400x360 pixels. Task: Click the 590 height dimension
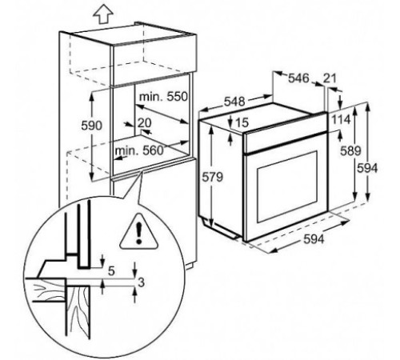point(91,126)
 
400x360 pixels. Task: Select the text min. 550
point(163,97)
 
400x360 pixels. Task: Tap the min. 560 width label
point(138,150)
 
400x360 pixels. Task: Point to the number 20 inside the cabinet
point(144,123)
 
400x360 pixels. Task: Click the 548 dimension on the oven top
point(234,102)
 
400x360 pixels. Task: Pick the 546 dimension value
point(298,78)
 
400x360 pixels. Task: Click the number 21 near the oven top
point(330,78)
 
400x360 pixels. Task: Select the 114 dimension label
point(341,120)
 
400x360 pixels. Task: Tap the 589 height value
point(350,151)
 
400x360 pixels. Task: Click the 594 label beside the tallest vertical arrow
point(367,168)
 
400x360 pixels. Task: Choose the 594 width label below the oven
point(314,239)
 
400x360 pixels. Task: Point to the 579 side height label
point(212,177)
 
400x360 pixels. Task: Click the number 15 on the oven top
point(242,122)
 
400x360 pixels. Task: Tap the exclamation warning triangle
point(138,232)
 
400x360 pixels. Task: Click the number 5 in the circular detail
point(111,271)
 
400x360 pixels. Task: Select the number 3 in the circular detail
point(142,282)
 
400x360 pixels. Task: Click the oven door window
point(287,186)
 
